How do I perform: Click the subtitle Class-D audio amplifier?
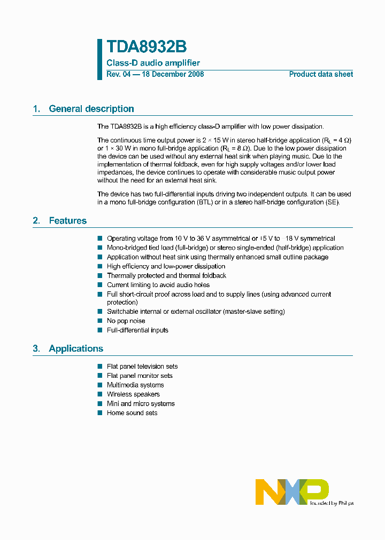(x=153, y=63)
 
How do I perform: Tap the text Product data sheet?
(x=321, y=74)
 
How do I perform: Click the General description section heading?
(x=91, y=109)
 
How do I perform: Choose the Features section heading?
(x=67, y=220)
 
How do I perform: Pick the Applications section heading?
(x=75, y=348)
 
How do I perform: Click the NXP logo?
(x=292, y=491)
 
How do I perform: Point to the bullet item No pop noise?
(x=126, y=321)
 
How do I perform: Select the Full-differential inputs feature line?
(x=137, y=330)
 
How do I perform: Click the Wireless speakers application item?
(x=133, y=394)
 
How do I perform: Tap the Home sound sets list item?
(x=132, y=413)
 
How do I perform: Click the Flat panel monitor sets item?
(x=140, y=376)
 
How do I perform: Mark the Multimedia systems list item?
(x=135, y=385)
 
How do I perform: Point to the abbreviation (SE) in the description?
(x=332, y=203)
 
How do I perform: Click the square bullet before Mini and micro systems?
(x=99, y=403)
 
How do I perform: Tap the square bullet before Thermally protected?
(x=99, y=275)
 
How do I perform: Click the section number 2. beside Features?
(x=36, y=220)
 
